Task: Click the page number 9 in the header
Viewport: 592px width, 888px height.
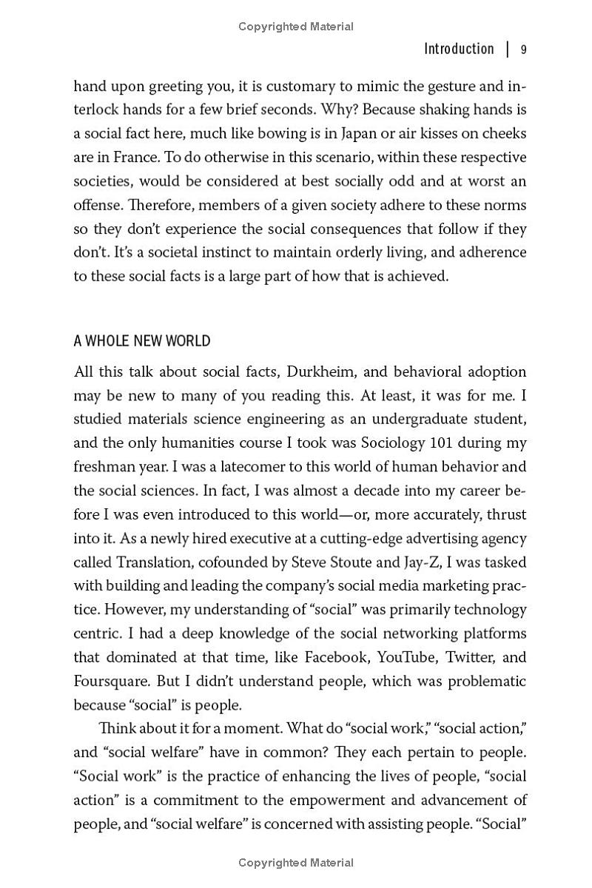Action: point(523,50)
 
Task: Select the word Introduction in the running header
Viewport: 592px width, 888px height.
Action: point(459,49)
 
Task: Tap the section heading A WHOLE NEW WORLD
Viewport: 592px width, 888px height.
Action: point(142,341)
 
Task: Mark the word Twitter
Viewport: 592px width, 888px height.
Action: point(471,657)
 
